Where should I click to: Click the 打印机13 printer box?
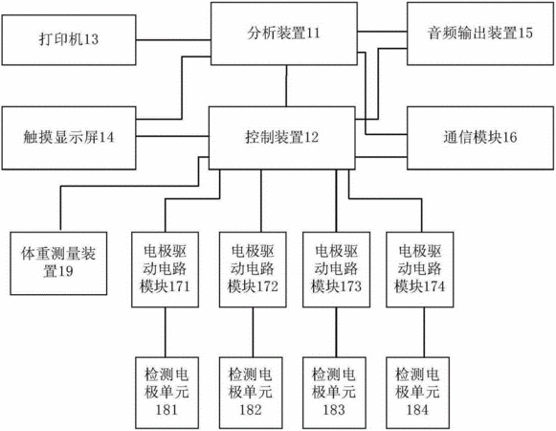click(69, 40)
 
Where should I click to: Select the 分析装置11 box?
click(284, 34)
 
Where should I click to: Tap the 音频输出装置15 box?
click(480, 34)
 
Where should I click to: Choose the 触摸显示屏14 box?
click(69, 138)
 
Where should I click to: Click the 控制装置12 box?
click(282, 138)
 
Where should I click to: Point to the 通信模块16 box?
click(480, 138)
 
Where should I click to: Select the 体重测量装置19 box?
click(58, 263)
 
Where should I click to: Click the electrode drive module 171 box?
click(165, 269)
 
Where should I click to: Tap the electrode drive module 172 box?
click(253, 269)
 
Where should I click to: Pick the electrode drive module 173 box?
click(337, 269)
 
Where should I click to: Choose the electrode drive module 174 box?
click(420, 269)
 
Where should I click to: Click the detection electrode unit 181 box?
click(167, 393)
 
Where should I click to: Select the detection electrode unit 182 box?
click(251, 393)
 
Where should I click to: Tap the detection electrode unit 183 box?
click(334, 393)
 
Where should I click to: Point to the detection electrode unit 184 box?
click(417, 393)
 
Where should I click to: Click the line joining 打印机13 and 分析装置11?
click(173, 40)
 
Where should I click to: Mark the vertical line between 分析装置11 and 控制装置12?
click(286, 86)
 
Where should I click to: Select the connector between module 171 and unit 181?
click(165, 332)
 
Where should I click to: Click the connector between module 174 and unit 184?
click(424, 332)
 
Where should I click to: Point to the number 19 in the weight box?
click(66, 272)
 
